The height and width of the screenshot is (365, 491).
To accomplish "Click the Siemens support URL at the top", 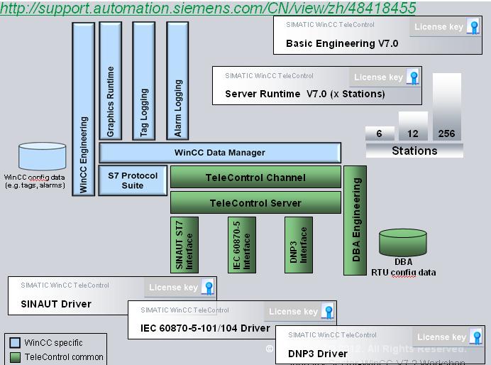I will tap(208, 9).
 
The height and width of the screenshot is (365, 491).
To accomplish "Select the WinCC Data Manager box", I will tap(220, 153).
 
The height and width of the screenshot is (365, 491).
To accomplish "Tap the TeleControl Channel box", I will tap(255, 178).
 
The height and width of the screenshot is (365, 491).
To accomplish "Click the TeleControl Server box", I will tap(255, 203).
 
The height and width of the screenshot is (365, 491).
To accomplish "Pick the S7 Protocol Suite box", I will tap(133, 180).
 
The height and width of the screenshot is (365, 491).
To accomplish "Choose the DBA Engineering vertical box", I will tap(355, 220).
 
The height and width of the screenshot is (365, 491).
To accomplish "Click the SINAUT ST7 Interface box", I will tap(184, 244).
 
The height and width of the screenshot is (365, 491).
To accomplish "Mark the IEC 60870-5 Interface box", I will tap(242, 244).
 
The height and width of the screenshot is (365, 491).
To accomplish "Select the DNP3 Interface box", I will tap(299, 244).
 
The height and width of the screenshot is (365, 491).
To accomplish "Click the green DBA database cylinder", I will tap(403, 244).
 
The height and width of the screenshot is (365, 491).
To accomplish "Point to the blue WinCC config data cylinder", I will tap(43, 157).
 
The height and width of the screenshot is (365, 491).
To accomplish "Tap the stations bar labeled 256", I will tap(446, 107).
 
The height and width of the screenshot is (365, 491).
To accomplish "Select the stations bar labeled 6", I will tap(380, 134).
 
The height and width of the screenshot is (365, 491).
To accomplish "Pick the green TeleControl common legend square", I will tap(15, 357).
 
